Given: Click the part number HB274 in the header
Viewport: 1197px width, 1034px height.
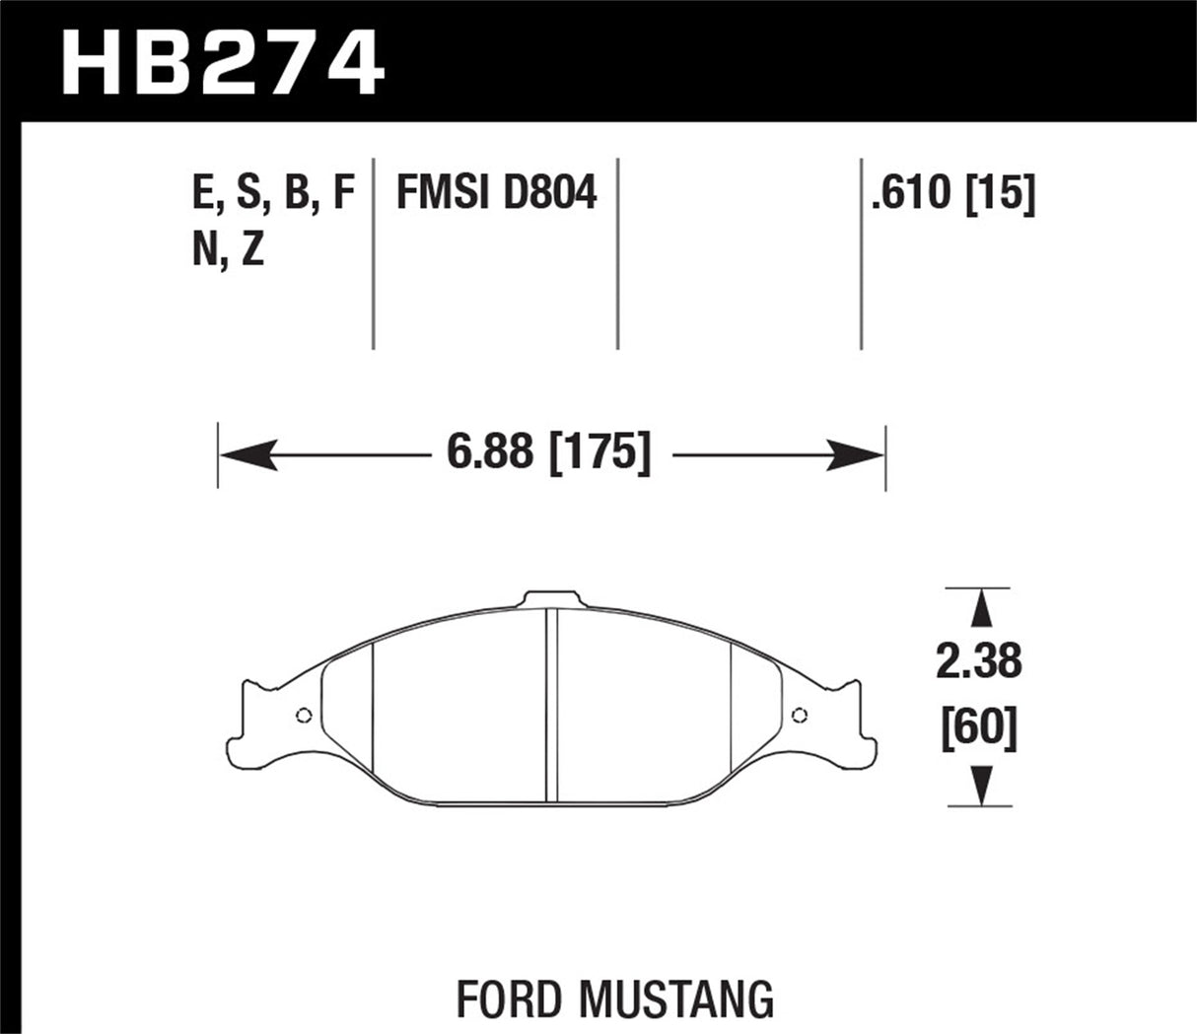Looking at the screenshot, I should click(x=223, y=61).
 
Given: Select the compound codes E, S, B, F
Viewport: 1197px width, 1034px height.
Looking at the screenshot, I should click(x=273, y=193).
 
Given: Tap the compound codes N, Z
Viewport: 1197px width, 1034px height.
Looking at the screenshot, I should click(x=228, y=252).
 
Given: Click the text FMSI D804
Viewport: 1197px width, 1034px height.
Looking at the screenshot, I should click(x=496, y=193).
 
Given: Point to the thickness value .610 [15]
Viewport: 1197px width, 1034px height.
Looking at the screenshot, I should click(x=951, y=193).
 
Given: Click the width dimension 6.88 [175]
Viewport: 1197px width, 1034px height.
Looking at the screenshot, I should click(x=550, y=454).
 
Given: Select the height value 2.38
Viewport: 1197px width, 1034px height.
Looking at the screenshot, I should click(x=978, y=661).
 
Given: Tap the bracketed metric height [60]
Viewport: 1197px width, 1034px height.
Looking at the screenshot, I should click(x=978, y=728).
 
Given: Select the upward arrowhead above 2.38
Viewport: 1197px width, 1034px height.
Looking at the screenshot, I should click(x=978, y=609).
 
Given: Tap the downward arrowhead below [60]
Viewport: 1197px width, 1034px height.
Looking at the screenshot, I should click(x=978, y=787).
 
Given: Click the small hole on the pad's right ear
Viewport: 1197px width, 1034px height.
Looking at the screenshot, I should click(x=799, y=716).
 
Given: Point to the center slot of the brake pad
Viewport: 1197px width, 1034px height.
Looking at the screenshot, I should click(x=552, y=706).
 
